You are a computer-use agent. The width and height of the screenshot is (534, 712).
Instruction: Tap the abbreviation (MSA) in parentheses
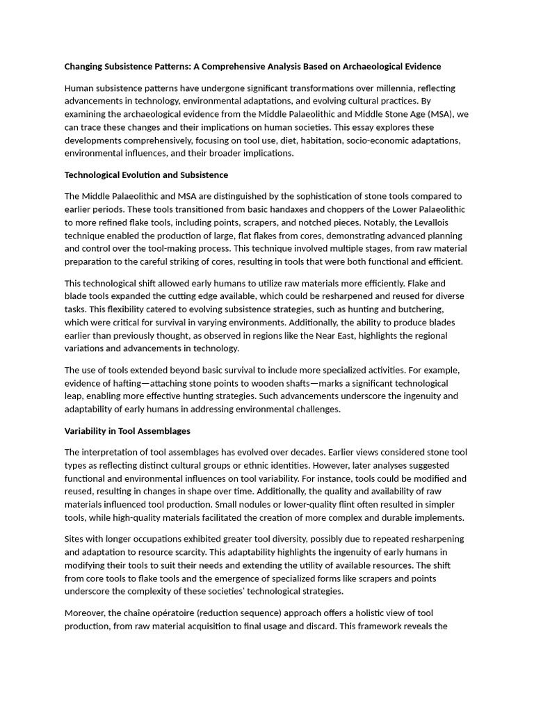click(x=439, y=114)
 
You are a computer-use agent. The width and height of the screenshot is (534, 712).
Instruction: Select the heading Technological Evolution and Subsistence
click(x=146, y=175)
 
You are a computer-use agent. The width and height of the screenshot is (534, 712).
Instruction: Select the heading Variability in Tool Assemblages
click(x=127, y=431)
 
